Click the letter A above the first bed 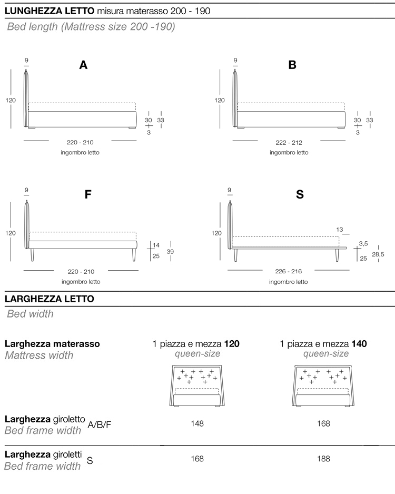pos(83,65)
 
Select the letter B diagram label pos(292,65)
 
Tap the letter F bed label pos(88,194)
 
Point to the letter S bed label pos(300,194)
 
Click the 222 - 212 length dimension pos(289,142)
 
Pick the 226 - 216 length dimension pos(289,271)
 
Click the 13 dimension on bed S pos(340,230)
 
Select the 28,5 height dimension pos(378,254)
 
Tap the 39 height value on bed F pos(170,252)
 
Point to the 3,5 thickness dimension pos(363,243)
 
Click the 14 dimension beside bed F pos(155,245)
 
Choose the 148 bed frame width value pos(197,423)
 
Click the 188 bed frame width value pos(324,459)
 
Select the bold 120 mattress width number pos(232,344)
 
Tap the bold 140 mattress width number pos(359,344)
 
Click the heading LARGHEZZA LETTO pos(49,299)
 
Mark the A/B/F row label pos(100,424)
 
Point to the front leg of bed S pos(335,255)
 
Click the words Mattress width pos(39,355)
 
